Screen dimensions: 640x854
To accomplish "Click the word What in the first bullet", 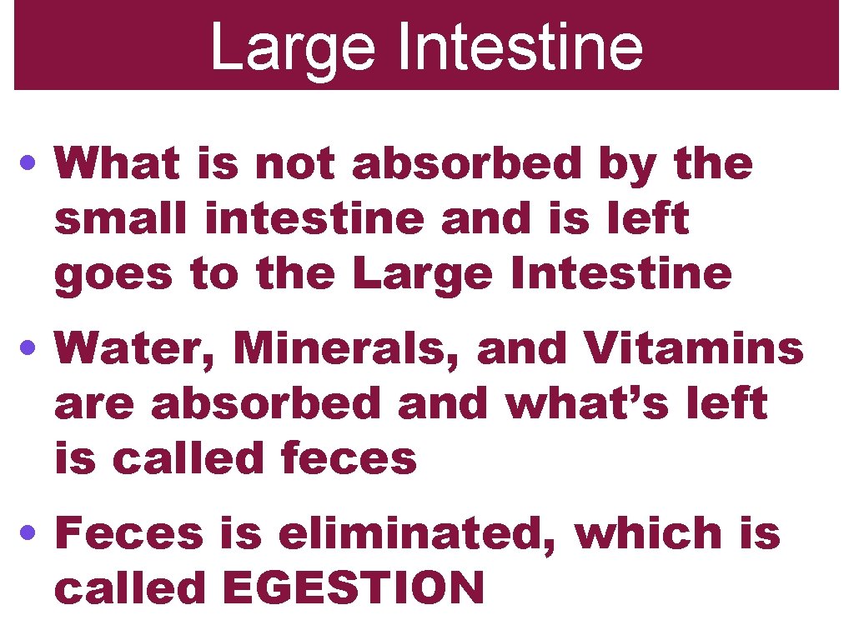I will tap(118, 164).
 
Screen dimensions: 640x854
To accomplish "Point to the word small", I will tap(123, 219).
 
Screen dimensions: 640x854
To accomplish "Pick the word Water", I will tap(137, 350).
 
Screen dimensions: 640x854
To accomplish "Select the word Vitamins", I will tap(694, 348).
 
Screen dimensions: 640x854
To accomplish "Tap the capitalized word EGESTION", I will tap(354, 588).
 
